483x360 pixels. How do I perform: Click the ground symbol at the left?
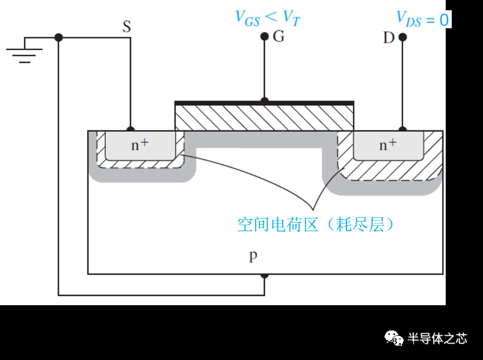[24, 51]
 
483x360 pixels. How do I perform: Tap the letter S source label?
[126, 26]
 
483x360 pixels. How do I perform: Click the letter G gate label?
[278, 37]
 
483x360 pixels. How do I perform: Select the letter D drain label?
[389, 38]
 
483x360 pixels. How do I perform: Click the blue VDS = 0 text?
[422, 19]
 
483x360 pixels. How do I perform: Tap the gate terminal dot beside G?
[264, 37]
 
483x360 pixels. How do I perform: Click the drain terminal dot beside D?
[402, 37]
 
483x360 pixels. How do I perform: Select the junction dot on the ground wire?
[58, 37]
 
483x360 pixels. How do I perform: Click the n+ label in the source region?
[140, 145]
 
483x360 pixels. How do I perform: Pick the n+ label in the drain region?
[388, 145]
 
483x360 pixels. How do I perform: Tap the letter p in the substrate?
[253, 255]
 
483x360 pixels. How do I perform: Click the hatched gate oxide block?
[263, 118]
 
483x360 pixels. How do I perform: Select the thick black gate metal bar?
[263, 103]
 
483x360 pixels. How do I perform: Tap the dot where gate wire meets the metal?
[264, 101]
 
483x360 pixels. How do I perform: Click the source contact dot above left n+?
[130, 130]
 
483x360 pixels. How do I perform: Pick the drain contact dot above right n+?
[402, 130]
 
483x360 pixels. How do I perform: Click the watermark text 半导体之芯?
[437, 338]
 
